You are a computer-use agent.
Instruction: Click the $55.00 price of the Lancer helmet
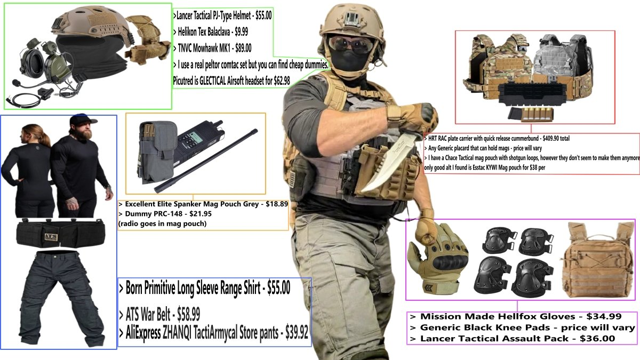point(263,15)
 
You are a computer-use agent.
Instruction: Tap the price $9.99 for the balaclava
point(241,31)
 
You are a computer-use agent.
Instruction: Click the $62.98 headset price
point(282,81)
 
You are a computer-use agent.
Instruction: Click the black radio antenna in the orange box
point(206,161)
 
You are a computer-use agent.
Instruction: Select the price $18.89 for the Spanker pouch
point(277,204)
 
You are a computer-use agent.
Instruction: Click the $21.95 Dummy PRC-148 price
point(201,214)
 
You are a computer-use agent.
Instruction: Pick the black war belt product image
point(61,233)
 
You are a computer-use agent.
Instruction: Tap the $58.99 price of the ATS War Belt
point(189,315)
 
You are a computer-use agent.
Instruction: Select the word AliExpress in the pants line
point(143,333)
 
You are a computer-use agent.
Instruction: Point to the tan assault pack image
point(598,259)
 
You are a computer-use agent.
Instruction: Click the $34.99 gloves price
point(604,316)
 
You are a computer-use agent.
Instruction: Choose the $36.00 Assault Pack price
point(597,339)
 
